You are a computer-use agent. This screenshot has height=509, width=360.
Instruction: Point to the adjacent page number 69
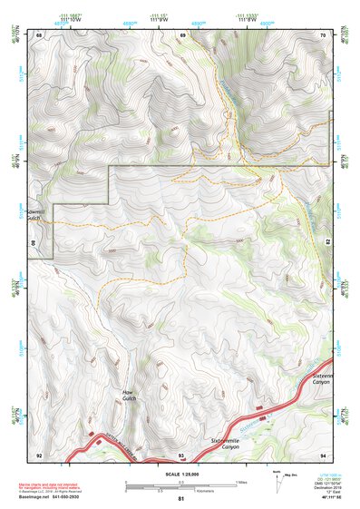click(182, 34)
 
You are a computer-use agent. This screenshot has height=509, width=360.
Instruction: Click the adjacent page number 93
click(181, 454)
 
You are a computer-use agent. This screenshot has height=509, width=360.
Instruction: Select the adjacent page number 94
click(322, 454)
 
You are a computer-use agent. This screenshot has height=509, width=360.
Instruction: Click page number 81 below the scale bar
click(181, 499)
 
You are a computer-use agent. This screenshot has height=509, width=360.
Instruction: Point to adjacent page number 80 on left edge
click(33, 244)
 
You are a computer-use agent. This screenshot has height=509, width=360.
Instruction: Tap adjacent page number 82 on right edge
click(328, 244)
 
